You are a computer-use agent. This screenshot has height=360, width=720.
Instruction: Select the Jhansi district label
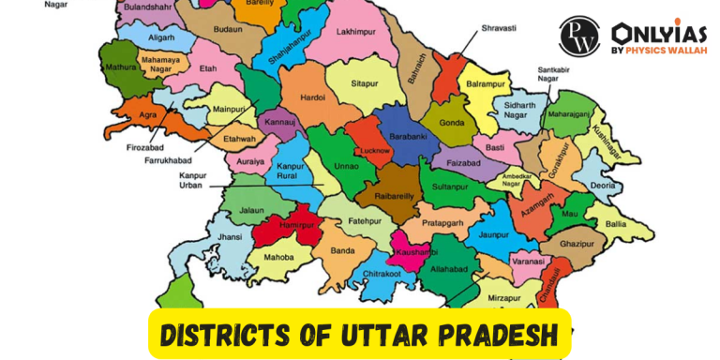(x=229, y=239)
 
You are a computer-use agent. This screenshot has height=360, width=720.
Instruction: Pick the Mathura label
(x=118, y=67)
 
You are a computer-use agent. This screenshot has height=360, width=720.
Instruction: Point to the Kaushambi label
(x=413, y=253)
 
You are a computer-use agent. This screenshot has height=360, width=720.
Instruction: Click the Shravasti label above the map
(x=500, y=28)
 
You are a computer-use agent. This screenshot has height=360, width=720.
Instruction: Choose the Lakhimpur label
(x=354, y=31)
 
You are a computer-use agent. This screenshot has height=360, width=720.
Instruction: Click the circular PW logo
(x=579, y=36)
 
